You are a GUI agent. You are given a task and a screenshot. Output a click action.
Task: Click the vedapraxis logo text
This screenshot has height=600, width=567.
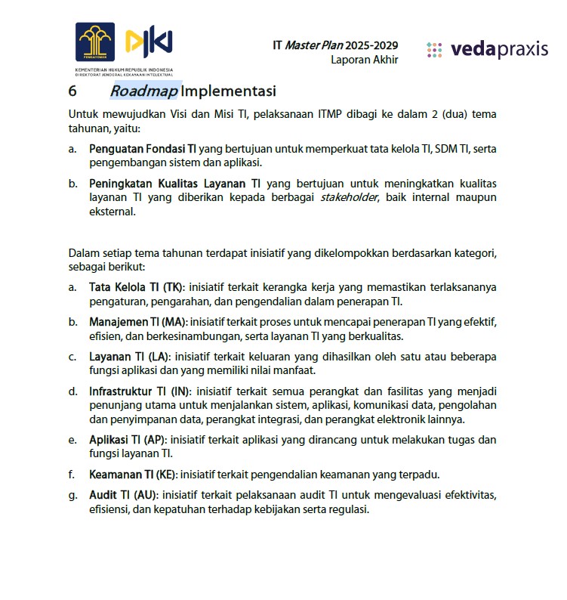click(499, 50)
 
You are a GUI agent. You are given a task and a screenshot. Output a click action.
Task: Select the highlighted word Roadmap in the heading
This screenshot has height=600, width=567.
click(144, 91)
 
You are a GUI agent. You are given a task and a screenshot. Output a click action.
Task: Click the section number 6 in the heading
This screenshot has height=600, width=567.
click(72, 91)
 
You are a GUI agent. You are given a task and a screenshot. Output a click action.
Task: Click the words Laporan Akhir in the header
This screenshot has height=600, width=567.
click(364, 60)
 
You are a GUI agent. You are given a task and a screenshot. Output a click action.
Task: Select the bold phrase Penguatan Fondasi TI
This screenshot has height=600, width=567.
click(143, 149)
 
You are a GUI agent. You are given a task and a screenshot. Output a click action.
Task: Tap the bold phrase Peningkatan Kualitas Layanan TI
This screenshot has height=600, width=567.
click(175, 184)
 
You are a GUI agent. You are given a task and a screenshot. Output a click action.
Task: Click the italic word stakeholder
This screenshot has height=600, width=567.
click(349, 197)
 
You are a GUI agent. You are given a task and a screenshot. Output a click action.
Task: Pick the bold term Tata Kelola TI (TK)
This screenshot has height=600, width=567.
click(137, 287)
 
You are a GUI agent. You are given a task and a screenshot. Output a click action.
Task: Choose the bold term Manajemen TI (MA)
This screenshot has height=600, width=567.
click(137, 322)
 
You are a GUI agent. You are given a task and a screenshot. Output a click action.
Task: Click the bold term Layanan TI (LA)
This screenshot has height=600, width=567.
click(128, 357)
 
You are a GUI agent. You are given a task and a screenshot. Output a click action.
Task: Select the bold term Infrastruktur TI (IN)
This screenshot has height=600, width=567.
click(140, 391)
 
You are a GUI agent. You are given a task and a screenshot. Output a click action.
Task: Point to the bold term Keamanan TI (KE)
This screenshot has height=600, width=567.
click(133, 475)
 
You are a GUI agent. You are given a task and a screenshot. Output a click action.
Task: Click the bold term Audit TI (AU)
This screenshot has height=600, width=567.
click(124, 495)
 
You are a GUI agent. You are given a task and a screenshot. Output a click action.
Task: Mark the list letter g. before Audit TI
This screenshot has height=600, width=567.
click(72, 495)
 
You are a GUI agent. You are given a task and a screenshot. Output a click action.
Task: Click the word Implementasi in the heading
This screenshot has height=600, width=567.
click(229, 91)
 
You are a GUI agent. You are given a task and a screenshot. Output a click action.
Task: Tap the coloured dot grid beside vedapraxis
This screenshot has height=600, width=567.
click(434, 50)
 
